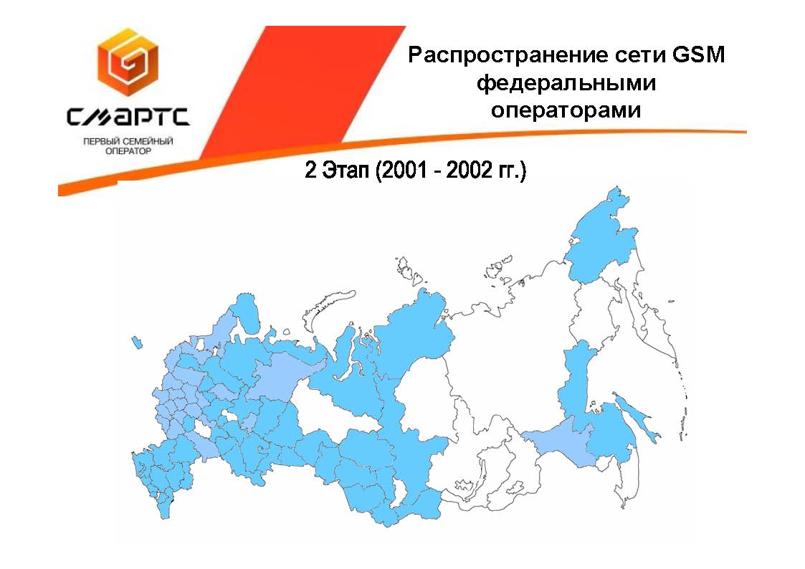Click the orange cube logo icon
tap(128, 62)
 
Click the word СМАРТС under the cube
tap(128, 117)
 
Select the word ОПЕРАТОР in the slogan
tap(128, 151)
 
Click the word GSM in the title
tap(698, 54)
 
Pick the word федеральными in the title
tap(566, 83)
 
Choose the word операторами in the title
tap(566, 110)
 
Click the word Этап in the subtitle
tap(345, 171)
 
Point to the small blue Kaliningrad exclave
tap(137, 343)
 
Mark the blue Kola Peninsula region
tap(245, 312)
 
